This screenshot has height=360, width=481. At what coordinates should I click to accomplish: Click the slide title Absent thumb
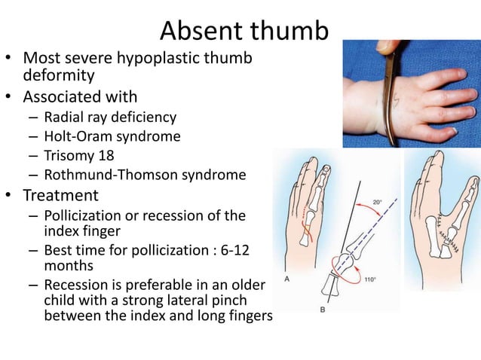pyautogui.click(x=245, y=31)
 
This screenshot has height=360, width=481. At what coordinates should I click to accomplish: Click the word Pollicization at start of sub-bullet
pyautogui.click(x=85, y=216)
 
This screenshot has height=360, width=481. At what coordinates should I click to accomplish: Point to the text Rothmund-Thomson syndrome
pyautogui.click(x=145, y=175)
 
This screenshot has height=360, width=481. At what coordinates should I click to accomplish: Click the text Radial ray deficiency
pyautogui.click(x=110, y=117)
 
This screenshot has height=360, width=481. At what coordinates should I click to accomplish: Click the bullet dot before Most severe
pyautogui.click(x=11, y=57)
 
